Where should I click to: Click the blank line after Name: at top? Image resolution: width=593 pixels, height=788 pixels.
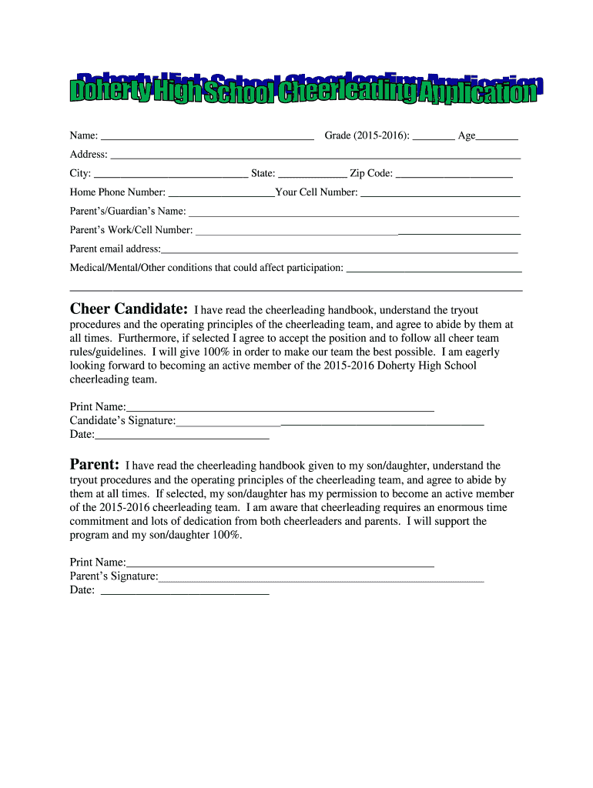(207, 138)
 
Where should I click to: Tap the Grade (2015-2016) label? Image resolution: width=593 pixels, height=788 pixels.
(367, 136)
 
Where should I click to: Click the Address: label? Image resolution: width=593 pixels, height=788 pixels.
(89, 155)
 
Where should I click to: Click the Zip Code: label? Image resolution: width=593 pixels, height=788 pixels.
(371, 173)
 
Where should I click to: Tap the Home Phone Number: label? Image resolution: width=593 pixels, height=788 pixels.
(117, 192)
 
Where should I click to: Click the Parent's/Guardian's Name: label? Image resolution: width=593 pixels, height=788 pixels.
(128, 211)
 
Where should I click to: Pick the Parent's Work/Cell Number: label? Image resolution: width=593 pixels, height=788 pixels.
(131, 229)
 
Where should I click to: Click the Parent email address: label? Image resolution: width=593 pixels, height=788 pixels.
(116, 249)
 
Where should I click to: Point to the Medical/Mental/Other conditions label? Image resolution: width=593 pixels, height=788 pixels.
(206, 267)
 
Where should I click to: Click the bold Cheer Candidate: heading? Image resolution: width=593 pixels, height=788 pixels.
(129, 309)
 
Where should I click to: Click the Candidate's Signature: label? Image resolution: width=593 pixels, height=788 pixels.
(122, 420)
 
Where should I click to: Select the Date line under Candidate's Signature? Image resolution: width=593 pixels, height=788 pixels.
(182, 436)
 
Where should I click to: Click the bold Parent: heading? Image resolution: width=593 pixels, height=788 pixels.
(94, 465)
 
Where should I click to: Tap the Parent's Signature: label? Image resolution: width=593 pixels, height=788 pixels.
(114, 576)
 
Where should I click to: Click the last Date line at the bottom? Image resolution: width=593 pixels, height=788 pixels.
(185, 593)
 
